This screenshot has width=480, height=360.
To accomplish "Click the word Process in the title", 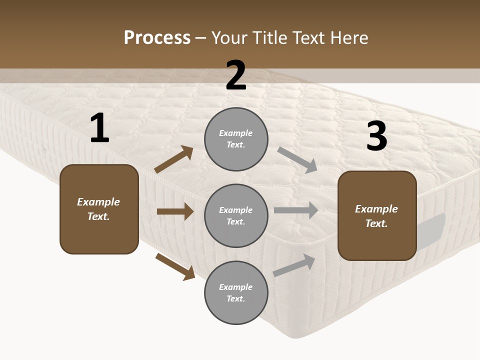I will click(x=157, y=38).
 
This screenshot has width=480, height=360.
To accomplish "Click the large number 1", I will click(x=99, y=128).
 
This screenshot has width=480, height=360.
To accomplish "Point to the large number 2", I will click(x=236, y=75).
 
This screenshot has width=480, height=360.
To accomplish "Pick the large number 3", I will click(x=377, y=136).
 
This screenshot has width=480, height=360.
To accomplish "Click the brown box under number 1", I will click(x=99, y=209).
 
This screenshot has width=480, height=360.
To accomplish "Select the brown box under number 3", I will click(x=377, y=216).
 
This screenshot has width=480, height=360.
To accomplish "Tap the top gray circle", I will click(x=236, y=139).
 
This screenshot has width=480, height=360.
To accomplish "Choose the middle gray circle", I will click(x=236, y=216).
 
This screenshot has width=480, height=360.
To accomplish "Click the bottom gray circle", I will click(x=236, y=293).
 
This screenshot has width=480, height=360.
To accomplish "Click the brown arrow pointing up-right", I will click(x=174, y=159).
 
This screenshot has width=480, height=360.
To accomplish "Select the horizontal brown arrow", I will click(x=175, y=211).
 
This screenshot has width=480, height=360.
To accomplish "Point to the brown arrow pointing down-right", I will click(x=175, y=266).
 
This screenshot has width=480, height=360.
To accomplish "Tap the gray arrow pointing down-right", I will click(x=297, y=160).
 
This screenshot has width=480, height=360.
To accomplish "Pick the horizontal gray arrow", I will click(x=296, y=210).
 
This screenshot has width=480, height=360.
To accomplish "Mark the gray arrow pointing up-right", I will click(x=294, y=265).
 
